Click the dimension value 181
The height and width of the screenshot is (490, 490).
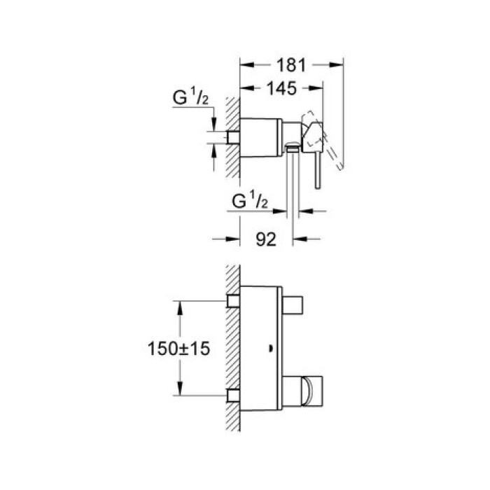293,65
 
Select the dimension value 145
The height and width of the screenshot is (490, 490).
282,88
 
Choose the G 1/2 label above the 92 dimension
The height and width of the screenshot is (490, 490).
249,202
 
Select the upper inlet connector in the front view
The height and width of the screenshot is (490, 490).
234,301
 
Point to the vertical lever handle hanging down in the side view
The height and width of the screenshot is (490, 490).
316,171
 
